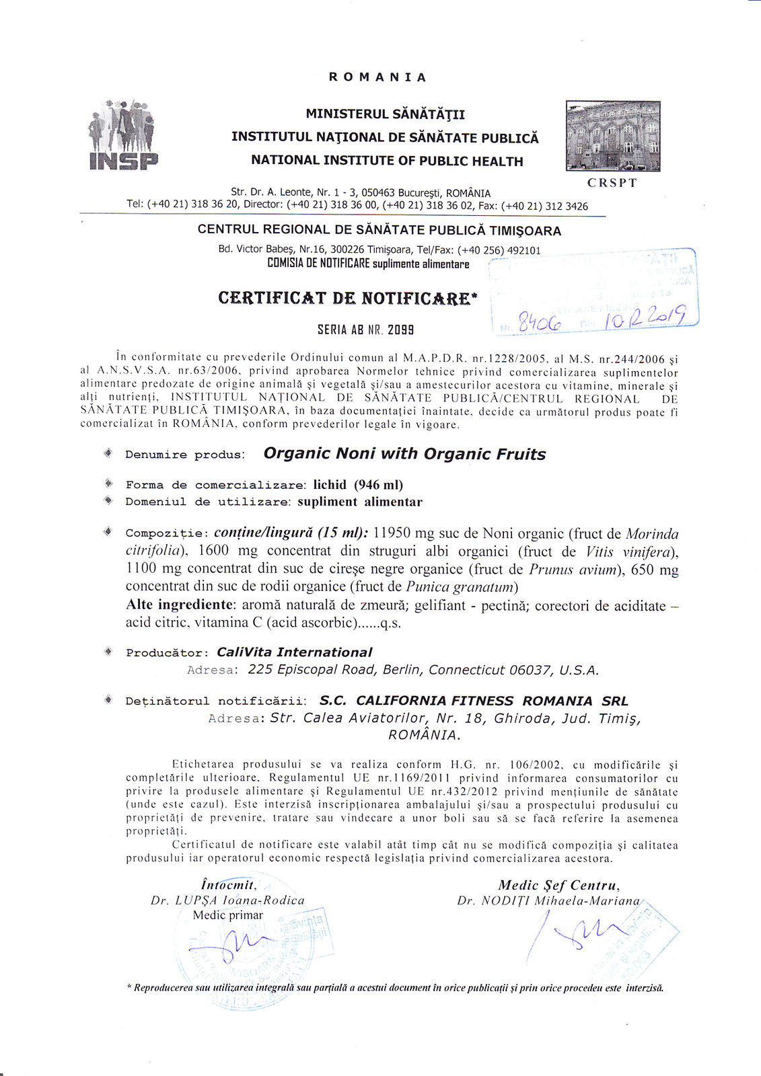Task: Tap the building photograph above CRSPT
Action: (613, 136)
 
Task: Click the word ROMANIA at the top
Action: (377, 77)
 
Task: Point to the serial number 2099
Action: (402, 330)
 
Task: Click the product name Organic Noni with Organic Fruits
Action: (404, 454)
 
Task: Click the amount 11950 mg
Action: (403, 533)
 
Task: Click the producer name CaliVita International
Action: (294, 652)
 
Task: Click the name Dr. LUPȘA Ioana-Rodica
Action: (227, 900)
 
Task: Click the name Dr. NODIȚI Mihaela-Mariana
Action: (548, 900)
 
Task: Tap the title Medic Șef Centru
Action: (558, 885)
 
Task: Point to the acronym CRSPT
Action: (612, 183)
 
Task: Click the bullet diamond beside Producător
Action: (108, 652)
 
